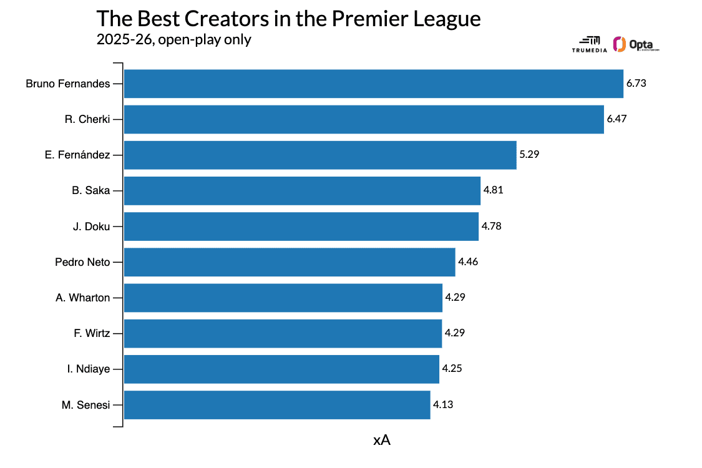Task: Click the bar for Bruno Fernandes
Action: pyautogui.click(x=373, y=84)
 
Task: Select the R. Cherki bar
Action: pyautogui.click(x=364, y=119)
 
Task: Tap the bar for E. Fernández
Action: pyautogui.click(x=320, y=155)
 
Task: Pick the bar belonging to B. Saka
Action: pyautogui.click(x=302, y=190)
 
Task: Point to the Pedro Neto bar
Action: pyautogui.click(x=290, y=262)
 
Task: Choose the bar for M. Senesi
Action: pyautogui.click(x=277, y=405)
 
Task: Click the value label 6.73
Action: pyautogui.click(x=636, y=84)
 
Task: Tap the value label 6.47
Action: pyautogui.click(x=617, y=119)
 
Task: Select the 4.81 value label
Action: pyautogui.click(x=493, y=190)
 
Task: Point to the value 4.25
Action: pyautogui.click(x=452, y=369)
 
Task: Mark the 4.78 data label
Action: pyautogui.click(x=491, y=226)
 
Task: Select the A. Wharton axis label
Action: pyautogui.click(x=82, y=298)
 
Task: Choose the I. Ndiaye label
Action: pyautogui.click(x=88, y=369)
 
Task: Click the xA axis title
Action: pyautogui.click(x=381, y=440)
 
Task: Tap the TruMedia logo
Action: pyautogui.click(x=589, y=44)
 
